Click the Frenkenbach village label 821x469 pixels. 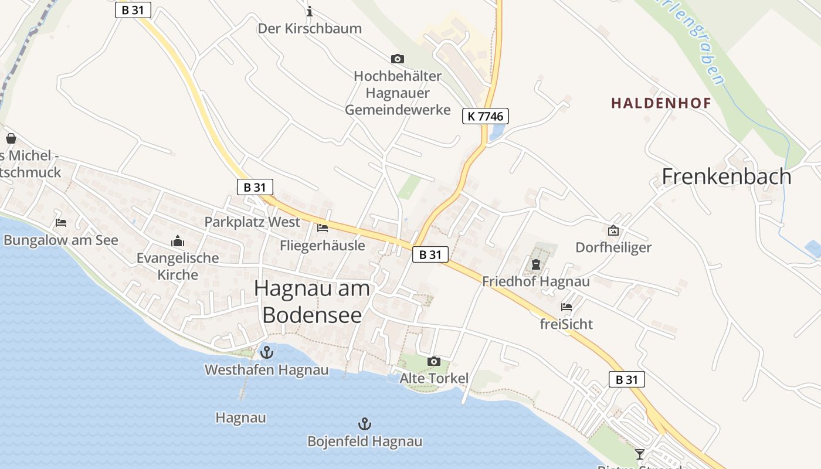coord(727,176)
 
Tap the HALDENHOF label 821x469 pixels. coord(661,103)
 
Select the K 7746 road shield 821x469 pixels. coord(485,116)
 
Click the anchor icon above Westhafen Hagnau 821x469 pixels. coord(267,352)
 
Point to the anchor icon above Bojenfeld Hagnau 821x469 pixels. coord(365,424)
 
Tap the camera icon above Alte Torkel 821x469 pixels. coord(434,361)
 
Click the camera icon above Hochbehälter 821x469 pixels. coord(397,59)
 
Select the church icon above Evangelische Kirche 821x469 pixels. coord(177,241)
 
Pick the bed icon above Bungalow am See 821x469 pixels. coord(60,223)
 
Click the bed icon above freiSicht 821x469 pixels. coord(566,307)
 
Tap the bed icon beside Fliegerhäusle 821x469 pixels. coord(322,228)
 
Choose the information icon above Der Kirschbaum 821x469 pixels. coord(310,11)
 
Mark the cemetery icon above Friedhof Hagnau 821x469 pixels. coord(535,265)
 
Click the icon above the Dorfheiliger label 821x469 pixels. coord(613,230)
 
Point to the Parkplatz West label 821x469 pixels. coord(252,222)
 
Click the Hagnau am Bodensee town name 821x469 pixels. coord(313,301)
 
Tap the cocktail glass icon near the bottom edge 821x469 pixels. coord(639,454)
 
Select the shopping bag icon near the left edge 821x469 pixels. coord(11,138)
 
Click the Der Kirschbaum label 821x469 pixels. coord(310,28)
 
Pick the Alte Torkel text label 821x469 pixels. coord(434,378)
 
